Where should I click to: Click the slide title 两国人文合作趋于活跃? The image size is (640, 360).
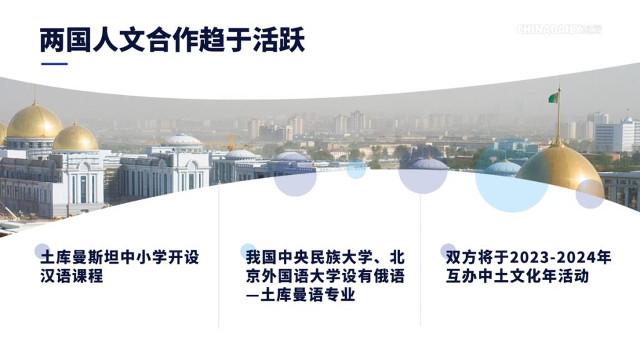pyautogui.click(x=172, y=40)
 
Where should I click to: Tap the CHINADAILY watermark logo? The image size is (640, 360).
pyautogui.click(x=559, y=29)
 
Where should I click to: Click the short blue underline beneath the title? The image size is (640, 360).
pyautogui.click(x=54, y=64)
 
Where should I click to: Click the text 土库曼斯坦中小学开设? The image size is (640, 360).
pyautogui.click(x=119, y=257)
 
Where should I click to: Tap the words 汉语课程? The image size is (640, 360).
pyautogui.click(x=72, y=276)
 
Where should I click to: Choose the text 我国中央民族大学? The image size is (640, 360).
pyautogui.click(x=309, y=257)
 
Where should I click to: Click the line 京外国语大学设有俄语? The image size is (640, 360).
pyautogui.click(x=325, y=276)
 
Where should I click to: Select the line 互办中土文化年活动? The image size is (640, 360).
pyautogui.click(x=517, y=276)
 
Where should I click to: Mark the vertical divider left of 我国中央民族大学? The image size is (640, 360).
pyautogui.click(x=219, y=255)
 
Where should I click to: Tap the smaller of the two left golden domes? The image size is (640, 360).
pyautogui.click(x=76, y=138)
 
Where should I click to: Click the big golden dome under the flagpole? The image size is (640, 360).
pyautogui.click(x=559, y=167)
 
